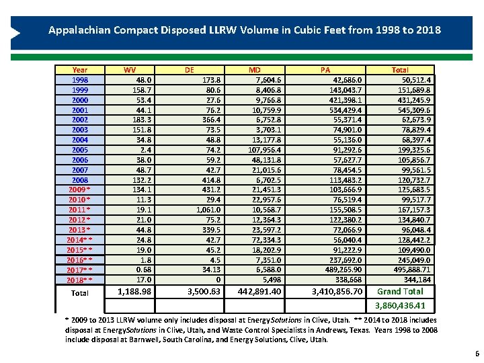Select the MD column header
point(255,69)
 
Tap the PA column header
point(325,69)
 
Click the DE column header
point(190,69)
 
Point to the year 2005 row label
point(79,150)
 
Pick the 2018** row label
point(79,280)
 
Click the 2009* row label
point(79,190)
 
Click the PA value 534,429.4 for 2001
point(342,110)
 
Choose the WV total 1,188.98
point(134,292)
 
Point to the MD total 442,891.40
point(259,292)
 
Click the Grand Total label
point(400,291)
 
